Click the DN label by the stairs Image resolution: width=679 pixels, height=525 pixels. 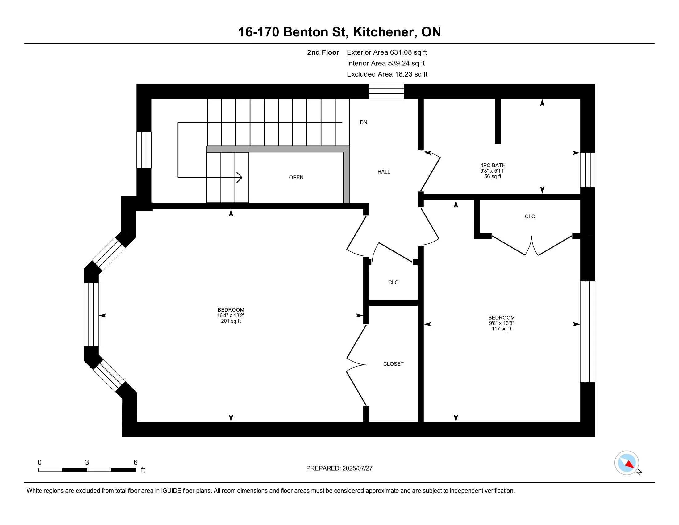(x=364, y=122)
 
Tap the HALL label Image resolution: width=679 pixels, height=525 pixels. (x=384, y=172)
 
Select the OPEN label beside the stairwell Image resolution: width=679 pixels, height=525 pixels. (x=296, y=177)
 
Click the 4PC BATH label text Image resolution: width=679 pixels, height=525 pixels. (x=493, y=166)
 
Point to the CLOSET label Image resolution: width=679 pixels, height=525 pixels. (x=393, y=364)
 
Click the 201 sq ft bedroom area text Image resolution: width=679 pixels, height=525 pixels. (x=231, y=321)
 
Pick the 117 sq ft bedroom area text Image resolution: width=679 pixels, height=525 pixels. (x=501, y=329)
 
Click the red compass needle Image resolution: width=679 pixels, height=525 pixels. (x=630, y=464)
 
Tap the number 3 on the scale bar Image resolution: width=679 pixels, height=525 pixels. (x=87, y=463)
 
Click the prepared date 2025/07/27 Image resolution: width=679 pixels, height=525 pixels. (x=357, y=468)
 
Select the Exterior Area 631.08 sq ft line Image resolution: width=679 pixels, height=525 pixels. (x=387, y=52)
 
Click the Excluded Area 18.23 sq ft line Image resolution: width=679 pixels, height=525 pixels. (x=387, y=74)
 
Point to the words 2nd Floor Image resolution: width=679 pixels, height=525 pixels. (x=323, y=52)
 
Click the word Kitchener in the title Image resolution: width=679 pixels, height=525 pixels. (x=385, y=32)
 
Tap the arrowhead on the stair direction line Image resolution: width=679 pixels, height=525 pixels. (x=240, y=177)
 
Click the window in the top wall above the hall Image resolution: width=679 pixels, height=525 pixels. (x=386, y=91)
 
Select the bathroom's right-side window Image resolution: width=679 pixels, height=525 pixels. (x=588, y=170)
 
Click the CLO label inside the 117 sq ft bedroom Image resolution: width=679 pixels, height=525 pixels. (x=530, y=216)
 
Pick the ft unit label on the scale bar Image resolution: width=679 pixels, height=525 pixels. (x=143, y=470)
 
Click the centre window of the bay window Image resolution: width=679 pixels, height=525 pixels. (x=91, y=314)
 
